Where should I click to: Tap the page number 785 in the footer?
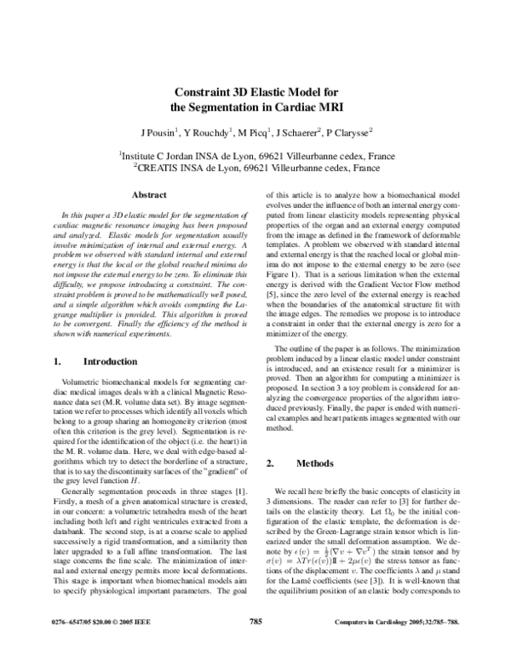pos(255,646)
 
